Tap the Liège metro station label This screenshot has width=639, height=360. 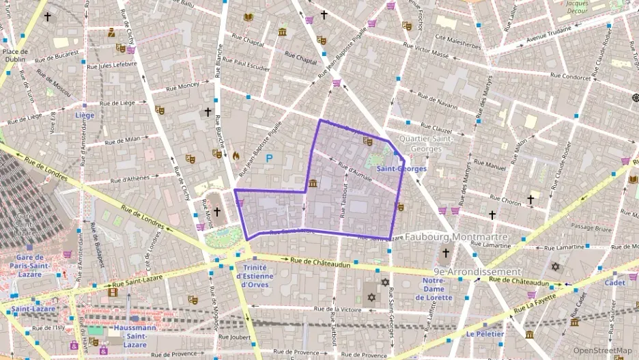click(85, 115)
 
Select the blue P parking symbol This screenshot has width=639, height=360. click(269, 158)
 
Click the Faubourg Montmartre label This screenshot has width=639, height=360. click(456, 237)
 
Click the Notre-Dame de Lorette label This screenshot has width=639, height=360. click(438, 288)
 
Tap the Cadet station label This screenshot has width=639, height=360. click(614, 282)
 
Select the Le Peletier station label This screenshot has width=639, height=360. click(485, 334)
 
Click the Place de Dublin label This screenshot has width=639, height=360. click(14, 55)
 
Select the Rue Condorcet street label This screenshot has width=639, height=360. click(570, 77)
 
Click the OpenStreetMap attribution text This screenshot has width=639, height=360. click(603, 351)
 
